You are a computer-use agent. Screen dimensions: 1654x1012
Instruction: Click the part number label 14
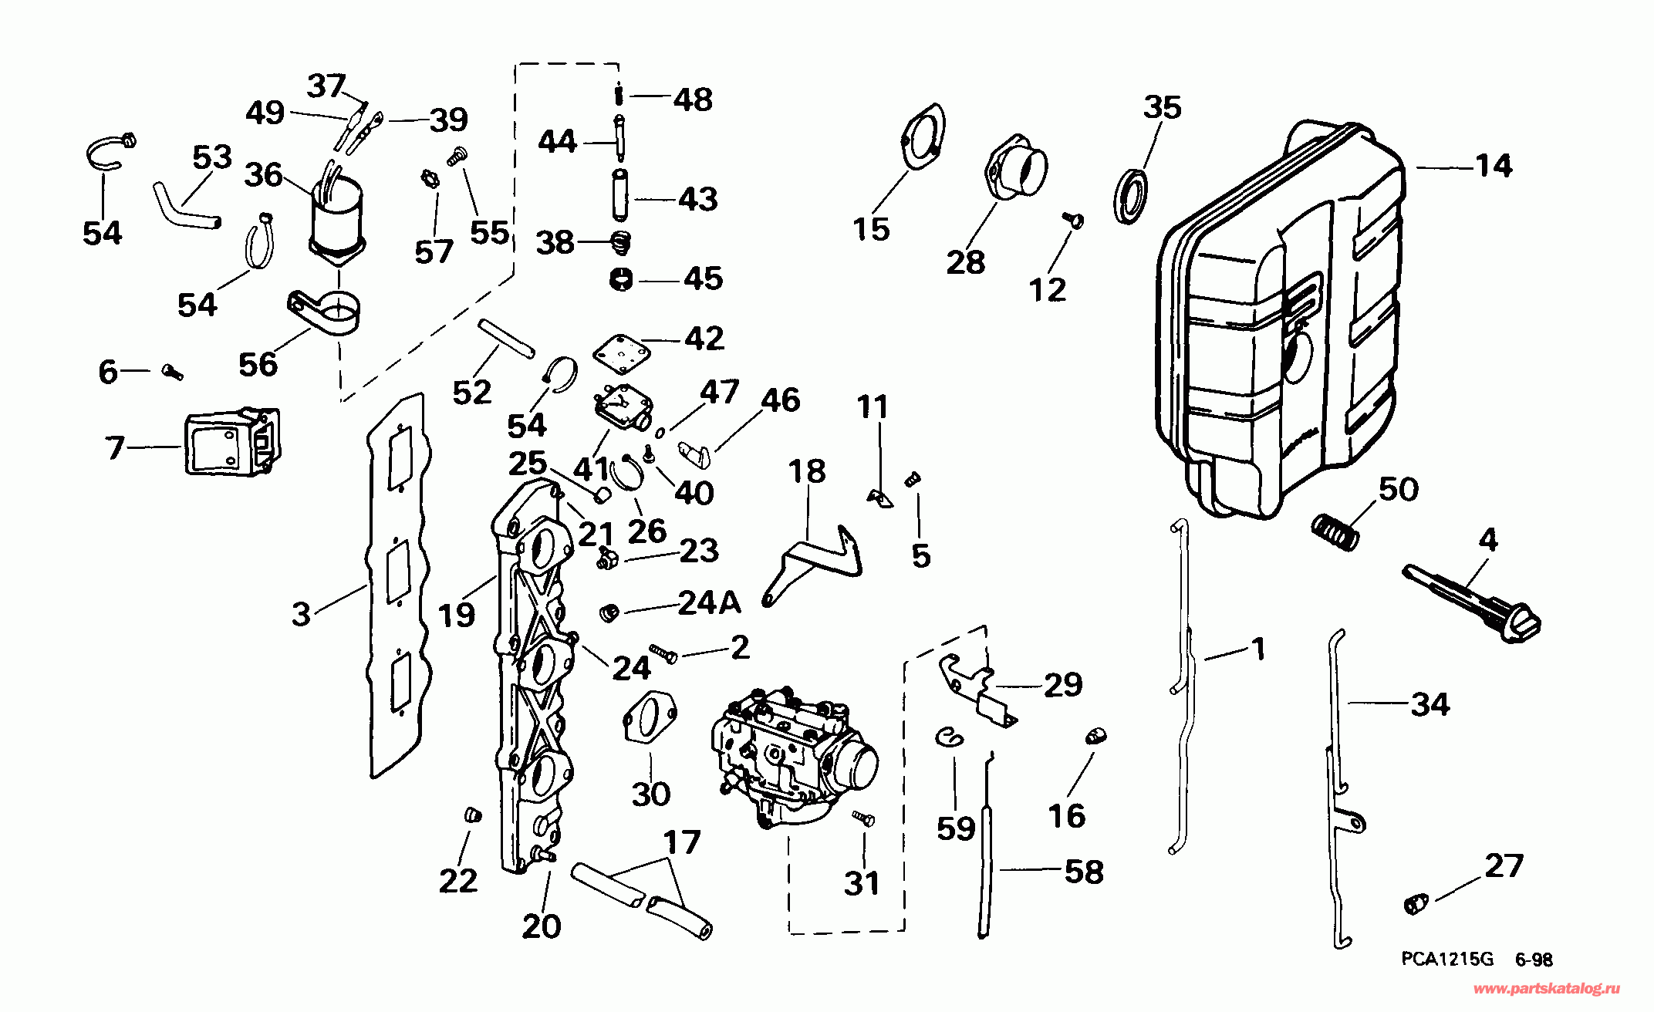(1494, 166)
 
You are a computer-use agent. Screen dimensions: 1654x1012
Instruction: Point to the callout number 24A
(709, 603)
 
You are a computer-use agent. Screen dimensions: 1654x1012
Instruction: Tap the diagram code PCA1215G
(1447, 960)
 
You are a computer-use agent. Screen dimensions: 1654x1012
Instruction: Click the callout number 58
(1083, 872)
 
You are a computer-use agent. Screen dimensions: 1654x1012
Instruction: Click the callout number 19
(456, 616)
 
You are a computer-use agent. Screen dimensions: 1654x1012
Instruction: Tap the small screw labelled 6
(173, 373)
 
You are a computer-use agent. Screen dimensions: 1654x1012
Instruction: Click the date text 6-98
(1534, 960)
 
